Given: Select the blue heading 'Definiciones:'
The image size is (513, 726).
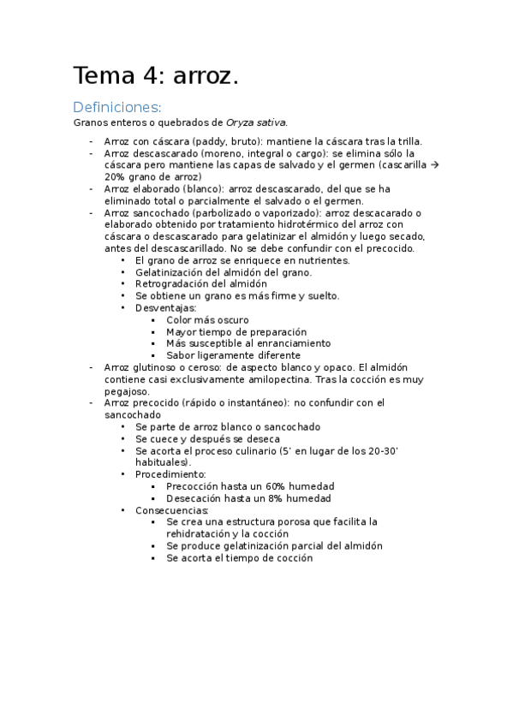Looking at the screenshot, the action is click(116, 107).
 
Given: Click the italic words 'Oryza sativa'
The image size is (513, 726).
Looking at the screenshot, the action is click(256, 122).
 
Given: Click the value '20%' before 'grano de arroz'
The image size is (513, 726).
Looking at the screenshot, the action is click(115, 176).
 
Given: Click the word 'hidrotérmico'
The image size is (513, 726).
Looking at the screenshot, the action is click(283, 224).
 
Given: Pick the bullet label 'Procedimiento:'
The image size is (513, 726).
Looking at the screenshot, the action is click(170, 473).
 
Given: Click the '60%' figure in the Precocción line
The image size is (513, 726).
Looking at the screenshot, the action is click(276, 485).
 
